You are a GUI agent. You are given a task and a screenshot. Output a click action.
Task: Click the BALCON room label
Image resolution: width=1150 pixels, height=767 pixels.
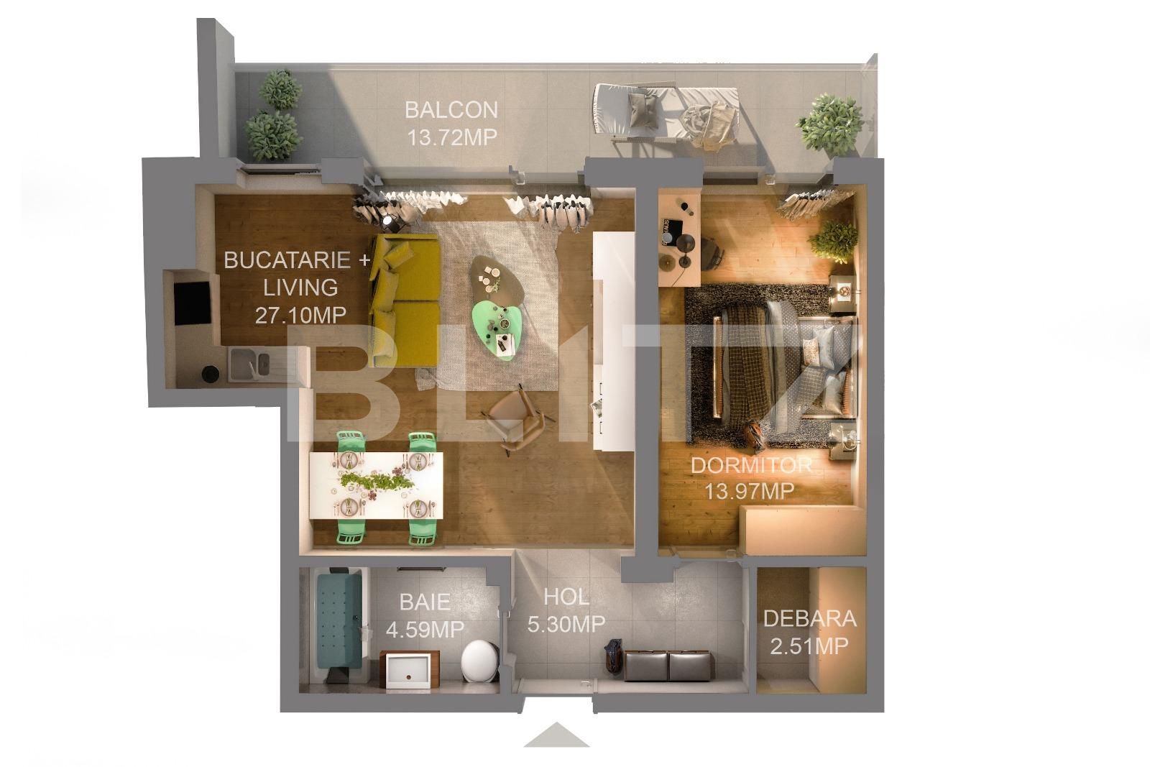click(x=451, y=110)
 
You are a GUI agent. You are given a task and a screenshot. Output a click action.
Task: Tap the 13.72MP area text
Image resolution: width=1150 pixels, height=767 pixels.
click(x=451, y=137)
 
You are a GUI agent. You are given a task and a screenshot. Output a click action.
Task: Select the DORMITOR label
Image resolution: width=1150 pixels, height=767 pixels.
click(x=750, y=465)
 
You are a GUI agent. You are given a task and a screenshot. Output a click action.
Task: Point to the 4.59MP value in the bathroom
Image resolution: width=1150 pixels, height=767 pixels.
click(x=424, y=629)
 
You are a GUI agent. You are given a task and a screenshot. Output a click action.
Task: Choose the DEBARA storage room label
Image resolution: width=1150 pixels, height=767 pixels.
click(x=809, y=619)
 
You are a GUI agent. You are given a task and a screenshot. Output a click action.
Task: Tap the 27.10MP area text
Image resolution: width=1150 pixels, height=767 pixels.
click(x=300, y=314)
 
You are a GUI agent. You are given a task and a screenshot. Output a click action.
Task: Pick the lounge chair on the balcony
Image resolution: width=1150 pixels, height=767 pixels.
click(x=665, y=114)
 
